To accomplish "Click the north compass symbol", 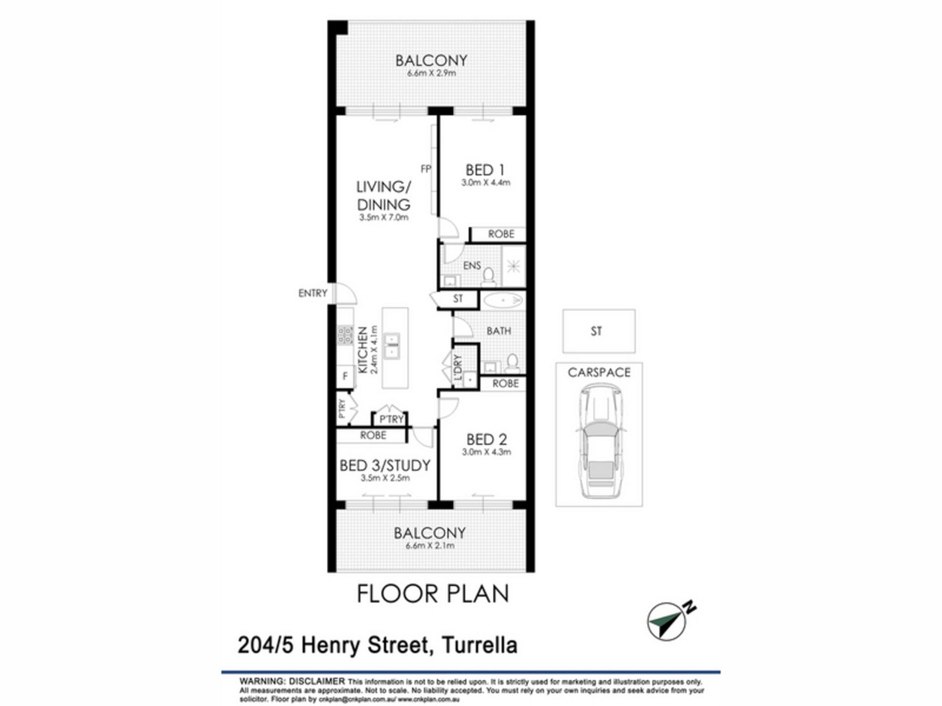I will coord(667,621).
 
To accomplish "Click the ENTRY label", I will coord(312,293).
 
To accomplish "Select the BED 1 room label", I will coord(485,170).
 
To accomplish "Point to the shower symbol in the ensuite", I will coord(514,267).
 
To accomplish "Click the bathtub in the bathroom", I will coord(503,300).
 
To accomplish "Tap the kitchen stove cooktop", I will coord(345,335).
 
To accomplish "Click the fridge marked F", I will coord(345,377).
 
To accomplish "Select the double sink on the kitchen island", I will coord(392,346).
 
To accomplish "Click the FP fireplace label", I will coord(425,169).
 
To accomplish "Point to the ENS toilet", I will coord(488,277).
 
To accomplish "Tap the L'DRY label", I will coord(458,368).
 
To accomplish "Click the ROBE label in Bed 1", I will coord(501,234).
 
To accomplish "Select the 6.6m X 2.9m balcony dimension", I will coord(431,73).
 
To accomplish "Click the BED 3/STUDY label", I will coord(385,466).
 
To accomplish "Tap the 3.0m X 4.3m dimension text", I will coord(486,452).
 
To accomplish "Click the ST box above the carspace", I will coord(598,331).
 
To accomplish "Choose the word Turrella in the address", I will coord(479,645).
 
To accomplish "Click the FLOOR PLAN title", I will coord(433,594).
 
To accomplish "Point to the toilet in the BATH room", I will coord(512,363).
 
